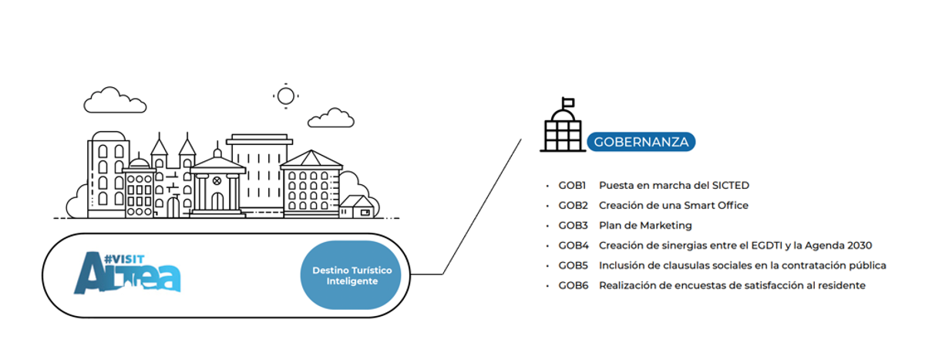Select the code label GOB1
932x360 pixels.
[x=573, y=185]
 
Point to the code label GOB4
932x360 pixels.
[x=574, y=245]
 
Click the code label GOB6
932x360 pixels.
[x=574, y=285]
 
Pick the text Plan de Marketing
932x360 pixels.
[x=645, y=225]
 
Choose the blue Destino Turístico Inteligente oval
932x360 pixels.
[x=351, y=275]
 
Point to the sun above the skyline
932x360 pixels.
[x=286, y=96]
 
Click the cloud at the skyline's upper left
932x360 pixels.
[x=115, y=101]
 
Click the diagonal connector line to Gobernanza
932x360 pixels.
[x=482, y=207]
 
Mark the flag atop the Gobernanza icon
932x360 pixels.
[x=569, y=101]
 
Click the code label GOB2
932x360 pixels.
[x=574, y=205]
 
